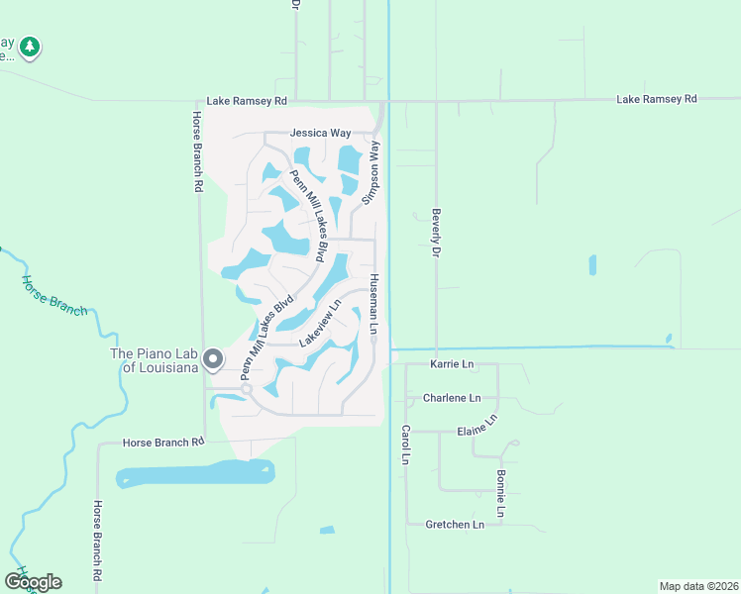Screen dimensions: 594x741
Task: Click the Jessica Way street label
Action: coord(320,133)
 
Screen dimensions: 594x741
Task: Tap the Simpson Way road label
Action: coord(372,171)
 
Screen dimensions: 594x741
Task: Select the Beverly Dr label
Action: coord(434,233)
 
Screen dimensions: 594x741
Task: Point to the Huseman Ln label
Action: coord(374,303)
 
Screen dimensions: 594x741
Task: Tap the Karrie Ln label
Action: coord(452,364)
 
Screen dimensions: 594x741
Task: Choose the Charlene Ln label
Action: coord(451,398)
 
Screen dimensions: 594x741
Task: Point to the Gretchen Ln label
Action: coord(454,524)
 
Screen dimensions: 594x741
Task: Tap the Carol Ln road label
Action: coord(405,445)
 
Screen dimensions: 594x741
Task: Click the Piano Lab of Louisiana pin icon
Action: coord(213,359)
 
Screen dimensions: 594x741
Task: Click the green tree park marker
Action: coord(31,46)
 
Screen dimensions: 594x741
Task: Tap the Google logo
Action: coord(33,581)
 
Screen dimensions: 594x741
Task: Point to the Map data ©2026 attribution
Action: coord(698,586)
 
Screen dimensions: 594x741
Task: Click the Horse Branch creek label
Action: coord(55,295)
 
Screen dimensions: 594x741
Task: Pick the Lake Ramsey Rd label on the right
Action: coord(656,99)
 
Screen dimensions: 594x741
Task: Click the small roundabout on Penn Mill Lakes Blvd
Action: coord(247,390)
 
